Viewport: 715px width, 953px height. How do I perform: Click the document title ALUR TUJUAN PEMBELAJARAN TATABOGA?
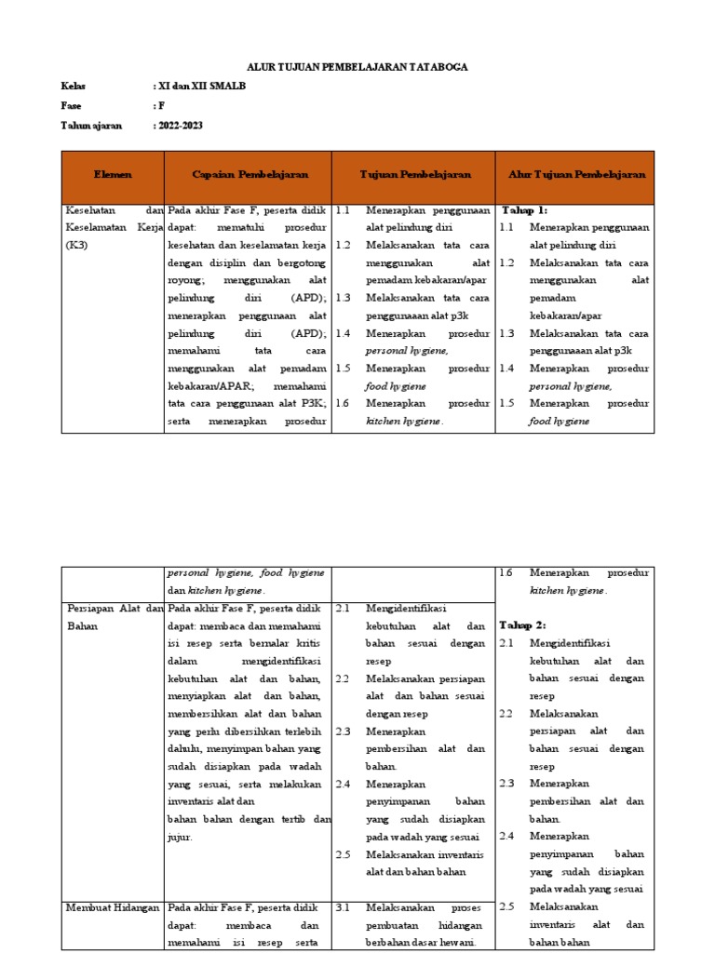[357, 67]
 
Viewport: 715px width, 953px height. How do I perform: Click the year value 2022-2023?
[180, 126]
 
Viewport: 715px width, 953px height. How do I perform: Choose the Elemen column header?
[113, 175]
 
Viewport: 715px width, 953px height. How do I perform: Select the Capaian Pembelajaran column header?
[250, 175]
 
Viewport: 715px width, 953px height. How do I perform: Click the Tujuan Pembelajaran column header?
[415, 175]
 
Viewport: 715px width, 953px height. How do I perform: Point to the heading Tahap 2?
[523, 624]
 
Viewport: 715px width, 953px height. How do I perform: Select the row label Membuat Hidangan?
[113, 907]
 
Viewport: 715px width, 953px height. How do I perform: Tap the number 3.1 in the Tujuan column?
[343, 907]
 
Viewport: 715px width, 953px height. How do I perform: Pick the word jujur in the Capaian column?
[181, 838]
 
